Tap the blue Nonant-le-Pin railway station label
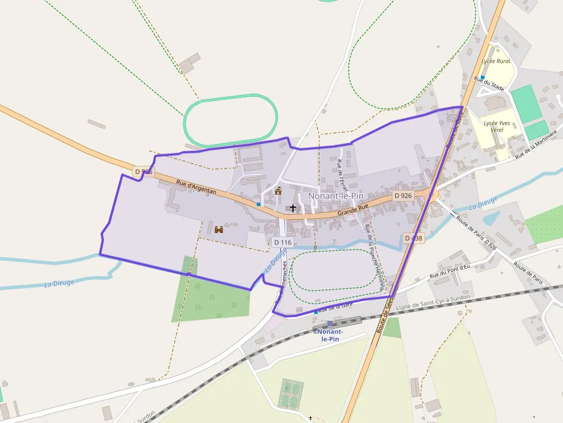tap(331, 335)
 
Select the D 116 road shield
tap(283, 243)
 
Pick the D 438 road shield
tap(413, 238)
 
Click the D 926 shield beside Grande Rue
tap(403, 196)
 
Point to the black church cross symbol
tap(293, 208)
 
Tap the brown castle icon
tap(219, 230)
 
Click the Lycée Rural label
tap(495, 61)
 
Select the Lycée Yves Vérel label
tap(498, 126)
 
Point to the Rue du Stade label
tap(489, 84)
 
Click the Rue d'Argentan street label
tap(196, 187)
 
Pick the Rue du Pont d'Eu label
tap(450, 270)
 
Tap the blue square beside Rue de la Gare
tap(315, 312)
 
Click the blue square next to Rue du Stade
tap(483, 77)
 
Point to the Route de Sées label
tap(384, 319)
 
